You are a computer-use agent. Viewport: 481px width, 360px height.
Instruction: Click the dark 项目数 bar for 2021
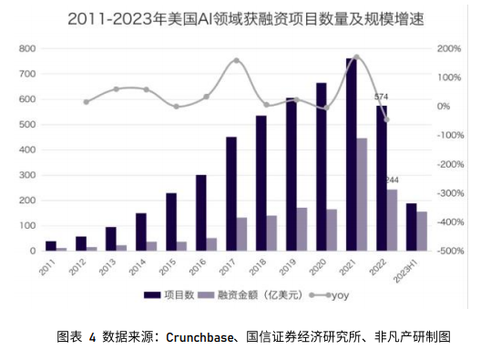click(x=352, y=155)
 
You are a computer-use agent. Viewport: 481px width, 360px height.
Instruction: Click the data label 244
click(x=394, y=180)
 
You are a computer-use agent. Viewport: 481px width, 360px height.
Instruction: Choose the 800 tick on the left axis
click(x=28, y=48)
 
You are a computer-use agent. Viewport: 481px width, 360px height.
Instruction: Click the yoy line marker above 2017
click(x=237, y=61)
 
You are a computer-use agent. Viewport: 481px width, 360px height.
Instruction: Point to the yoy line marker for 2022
click(x=386, y=119)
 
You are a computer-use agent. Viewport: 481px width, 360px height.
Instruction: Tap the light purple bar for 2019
click(x=302, y=229)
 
